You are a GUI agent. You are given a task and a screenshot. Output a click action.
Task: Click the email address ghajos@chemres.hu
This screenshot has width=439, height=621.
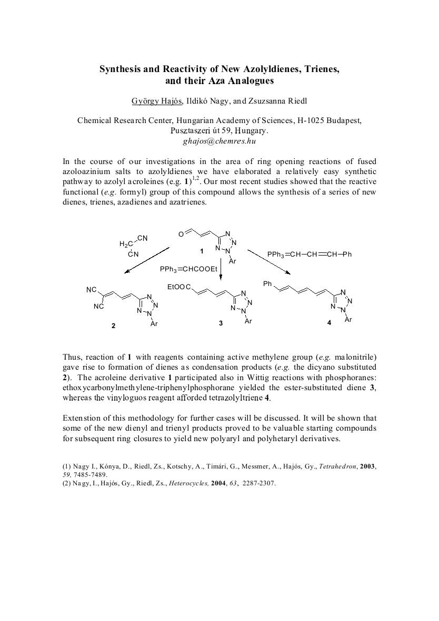(219, 141)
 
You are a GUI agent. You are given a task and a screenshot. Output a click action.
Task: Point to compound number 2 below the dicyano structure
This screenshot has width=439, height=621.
(113, 326)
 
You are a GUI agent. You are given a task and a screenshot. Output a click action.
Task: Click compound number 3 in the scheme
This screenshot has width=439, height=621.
(221, 323)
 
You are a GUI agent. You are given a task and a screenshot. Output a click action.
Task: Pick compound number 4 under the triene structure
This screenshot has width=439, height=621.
(329, 323)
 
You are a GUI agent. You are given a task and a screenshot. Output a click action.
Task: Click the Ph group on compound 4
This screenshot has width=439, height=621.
(267, 284)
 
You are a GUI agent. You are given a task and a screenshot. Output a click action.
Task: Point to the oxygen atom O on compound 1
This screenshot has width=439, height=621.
(181, 235)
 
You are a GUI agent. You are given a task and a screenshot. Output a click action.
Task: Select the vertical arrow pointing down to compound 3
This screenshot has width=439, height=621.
(221, 271)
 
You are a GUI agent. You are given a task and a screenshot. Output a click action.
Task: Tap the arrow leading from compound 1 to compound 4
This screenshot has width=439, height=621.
(268, 261)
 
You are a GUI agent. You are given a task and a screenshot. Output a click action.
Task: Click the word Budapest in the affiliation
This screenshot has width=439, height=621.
(344, 120)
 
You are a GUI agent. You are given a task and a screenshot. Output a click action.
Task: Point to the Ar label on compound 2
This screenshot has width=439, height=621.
(154, 324)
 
